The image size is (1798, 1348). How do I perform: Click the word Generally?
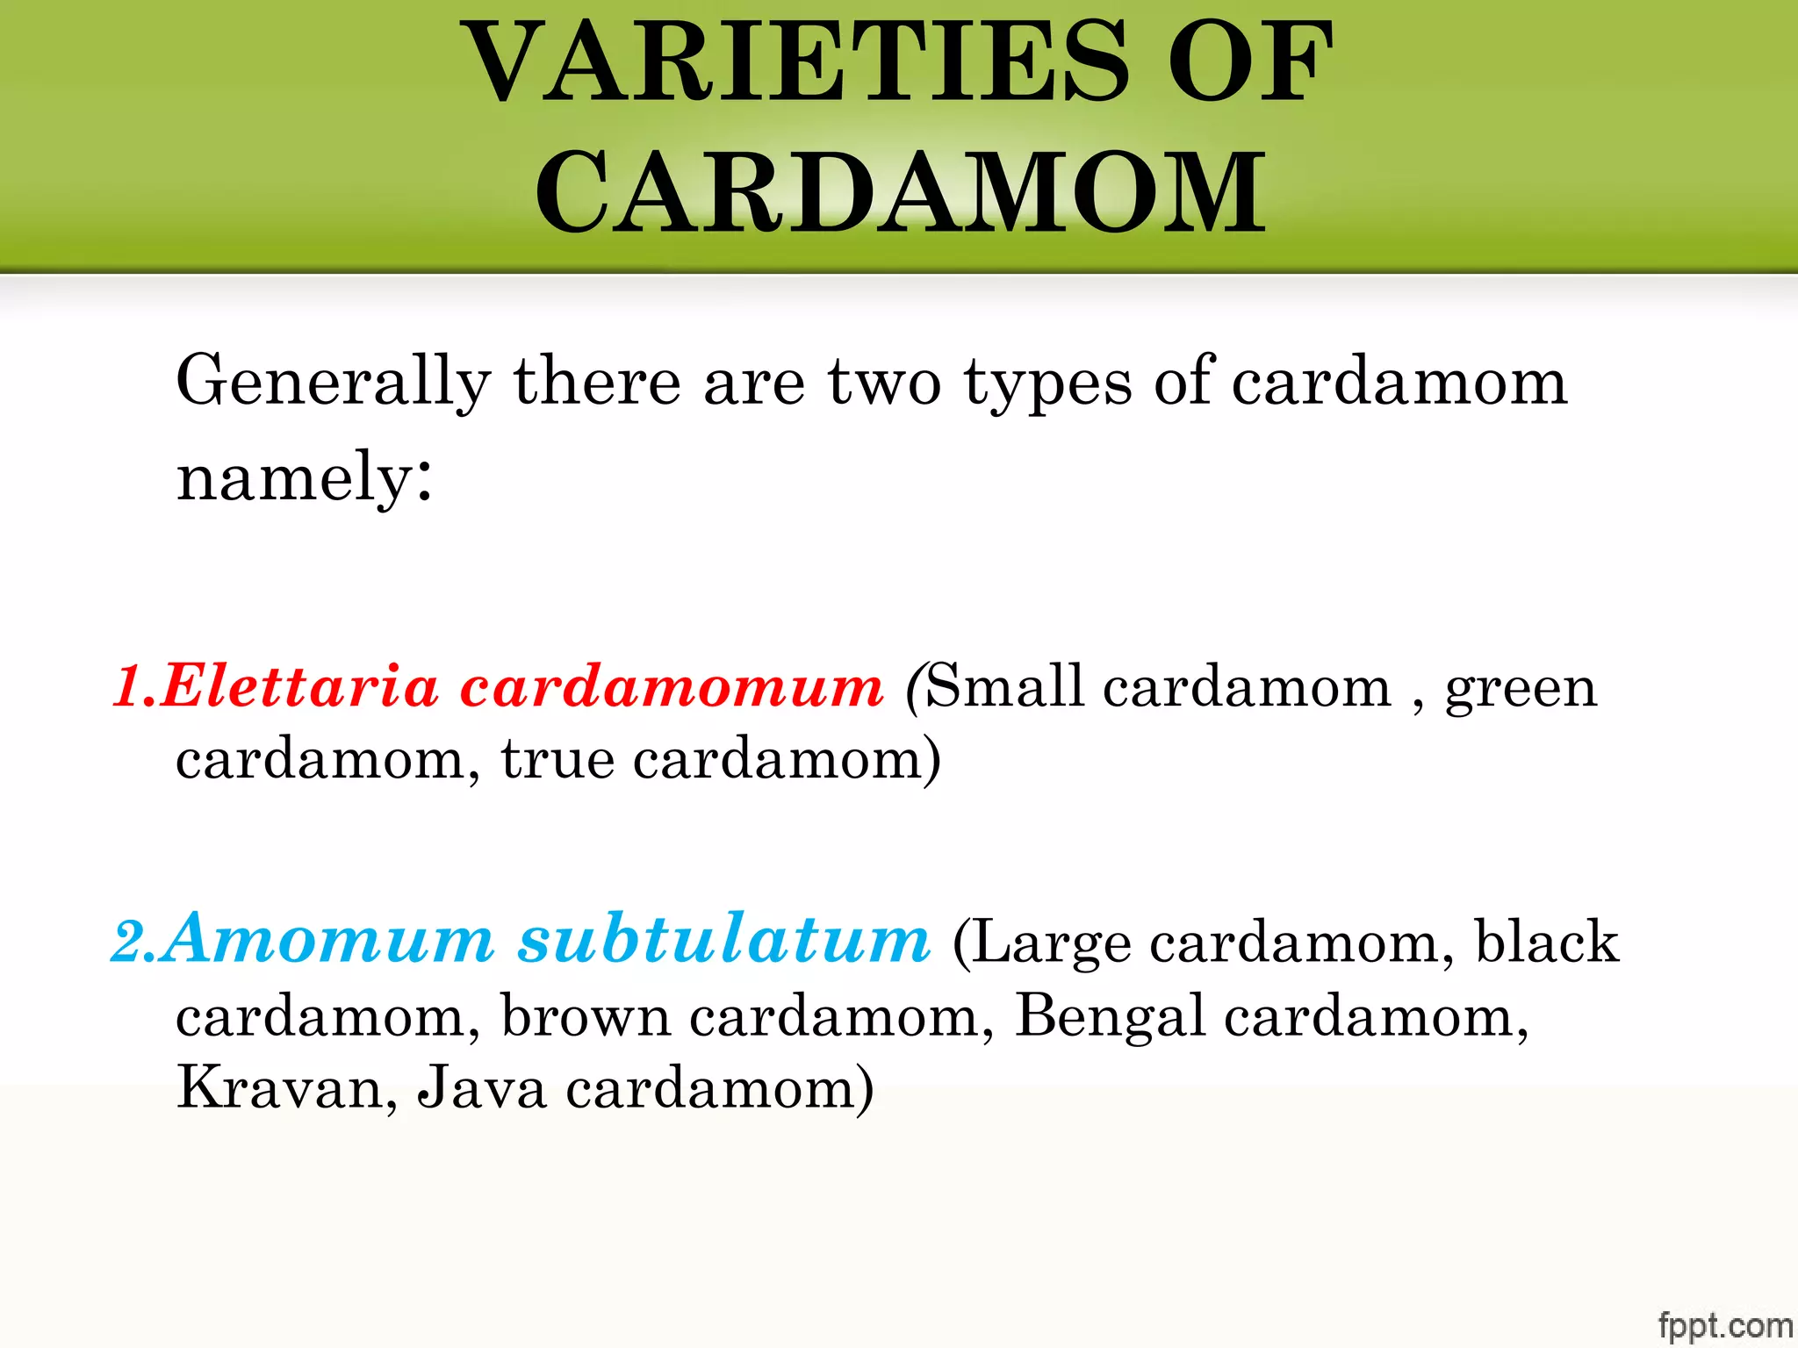coord(333,382)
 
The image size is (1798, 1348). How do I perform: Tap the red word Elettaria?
coord(299,686)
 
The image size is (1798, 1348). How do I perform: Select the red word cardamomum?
coord(672,686)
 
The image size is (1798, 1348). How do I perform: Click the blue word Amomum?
coord(330,939)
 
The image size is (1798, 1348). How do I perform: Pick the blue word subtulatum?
coord(724,939)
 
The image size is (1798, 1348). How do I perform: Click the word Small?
coord(1004,686)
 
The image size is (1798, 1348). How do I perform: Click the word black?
coord(1546,941)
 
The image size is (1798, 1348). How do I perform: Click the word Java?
coord(482,1088)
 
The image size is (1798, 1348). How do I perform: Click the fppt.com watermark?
coord(1724,1325)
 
